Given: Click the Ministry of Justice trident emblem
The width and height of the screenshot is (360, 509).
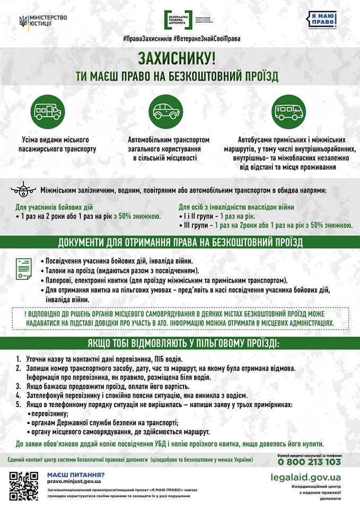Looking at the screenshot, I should [23, 21].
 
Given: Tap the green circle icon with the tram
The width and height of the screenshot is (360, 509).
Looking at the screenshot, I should [48, 111].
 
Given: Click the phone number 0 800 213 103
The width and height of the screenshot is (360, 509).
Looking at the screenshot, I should [309, 462].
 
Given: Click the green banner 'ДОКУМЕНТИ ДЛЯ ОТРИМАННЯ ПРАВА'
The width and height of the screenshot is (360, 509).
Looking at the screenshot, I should [180, 243].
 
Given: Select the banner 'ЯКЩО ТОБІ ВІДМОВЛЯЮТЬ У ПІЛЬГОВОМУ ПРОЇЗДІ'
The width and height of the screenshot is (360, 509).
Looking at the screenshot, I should [180, 342].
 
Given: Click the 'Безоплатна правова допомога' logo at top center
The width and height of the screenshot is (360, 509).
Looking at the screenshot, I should [180, 20].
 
